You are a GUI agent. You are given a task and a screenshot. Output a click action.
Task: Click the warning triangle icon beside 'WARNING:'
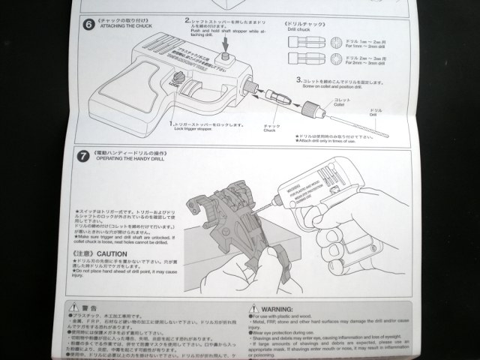[x=251, y=307]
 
